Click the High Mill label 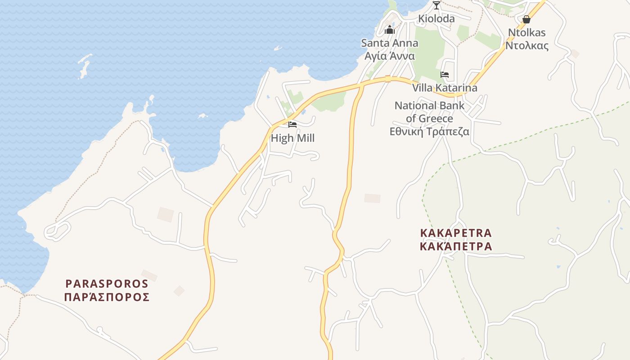(x=292, y=138)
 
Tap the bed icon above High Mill (x=292, y=125)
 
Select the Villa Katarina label (x=445, y=88)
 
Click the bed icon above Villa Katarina (x=445, y=75)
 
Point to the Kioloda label (x=436, y=19)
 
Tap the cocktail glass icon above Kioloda (x=436, y=5)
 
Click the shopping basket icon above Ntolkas (x=526, y=19)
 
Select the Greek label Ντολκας (x=527, y=45)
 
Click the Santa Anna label (x=390, y=43)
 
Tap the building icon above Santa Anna (x=390, y=30)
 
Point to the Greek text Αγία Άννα (x=390, y=56)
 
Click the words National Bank (x=429, y=105)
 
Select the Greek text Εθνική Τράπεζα (x=429, y=131)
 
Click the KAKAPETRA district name (x=456, y=233)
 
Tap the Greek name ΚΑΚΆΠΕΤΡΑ (x=456, y=247)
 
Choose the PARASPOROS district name (x=107, y=284)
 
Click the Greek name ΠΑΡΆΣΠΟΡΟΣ (x=107, y=297)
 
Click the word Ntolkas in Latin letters (x=527, y=32)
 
